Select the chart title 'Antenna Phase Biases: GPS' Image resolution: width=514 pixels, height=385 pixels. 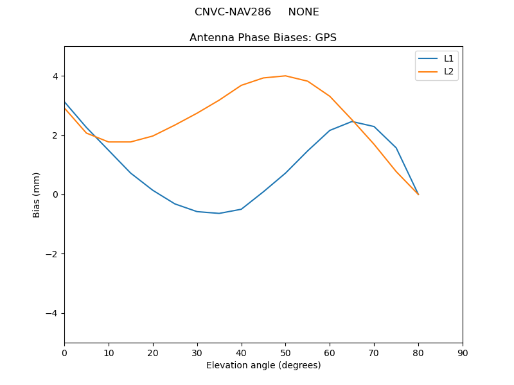tap(263, 38)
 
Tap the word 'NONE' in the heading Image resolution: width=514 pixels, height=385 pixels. tap(303, 12)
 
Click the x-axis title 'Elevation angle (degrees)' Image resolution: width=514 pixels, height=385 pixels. tap(263, 365)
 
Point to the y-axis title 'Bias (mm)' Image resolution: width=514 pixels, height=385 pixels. tap(37, 194)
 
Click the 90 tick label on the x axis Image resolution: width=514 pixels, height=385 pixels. tap(463, 352)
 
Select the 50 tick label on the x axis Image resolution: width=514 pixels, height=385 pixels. tap(285, 352)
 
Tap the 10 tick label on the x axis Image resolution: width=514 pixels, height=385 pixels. tap(109, 352)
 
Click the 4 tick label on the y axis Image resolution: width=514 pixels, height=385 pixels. tap(55, 76)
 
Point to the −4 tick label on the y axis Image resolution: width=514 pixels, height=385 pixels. tap(52, 313)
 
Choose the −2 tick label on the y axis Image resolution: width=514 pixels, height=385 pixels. tap(52, 254)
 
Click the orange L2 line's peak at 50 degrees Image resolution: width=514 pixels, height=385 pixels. tap(285, 76)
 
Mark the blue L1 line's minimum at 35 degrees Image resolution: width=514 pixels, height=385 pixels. tap(219, 213)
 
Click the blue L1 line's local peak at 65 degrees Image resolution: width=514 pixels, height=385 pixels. tap(352, 121)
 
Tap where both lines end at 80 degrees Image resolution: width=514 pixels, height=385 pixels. tap(418, 194)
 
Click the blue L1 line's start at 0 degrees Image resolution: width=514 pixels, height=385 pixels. tap(64, 102)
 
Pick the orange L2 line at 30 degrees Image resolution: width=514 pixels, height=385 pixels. tap(197, 113)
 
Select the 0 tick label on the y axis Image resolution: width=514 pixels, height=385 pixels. tap(55, 194)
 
